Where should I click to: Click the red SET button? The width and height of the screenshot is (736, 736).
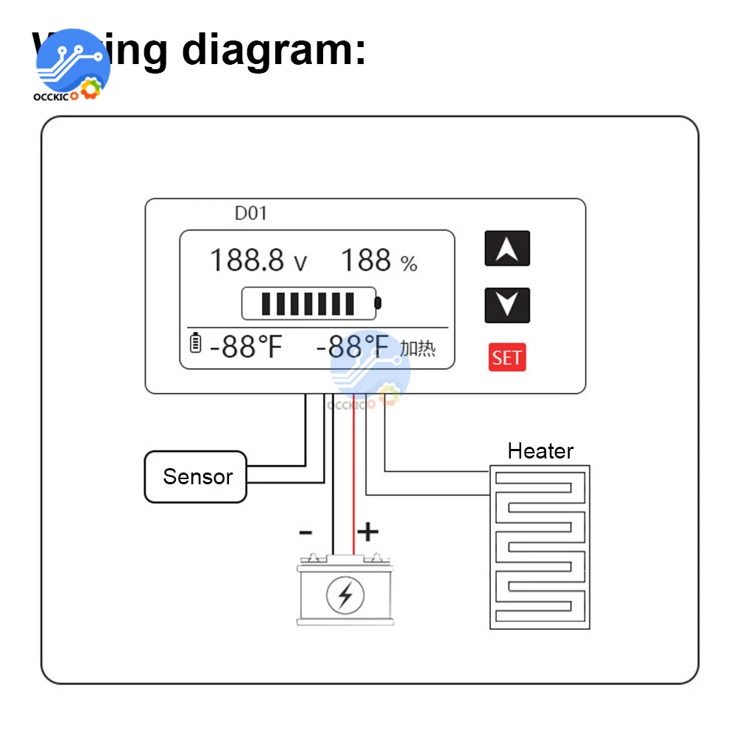[x=507, y=358]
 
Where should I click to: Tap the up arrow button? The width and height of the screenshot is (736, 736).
[x=507, y=249]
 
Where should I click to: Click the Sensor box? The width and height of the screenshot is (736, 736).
[x=195, y=477]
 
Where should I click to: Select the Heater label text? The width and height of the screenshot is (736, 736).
[x=540, y=450]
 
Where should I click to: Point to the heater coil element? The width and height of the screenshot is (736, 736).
[x=539, y=547]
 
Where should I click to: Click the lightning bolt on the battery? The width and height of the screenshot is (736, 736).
[x=344, y=594]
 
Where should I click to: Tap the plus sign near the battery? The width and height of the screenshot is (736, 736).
[x=367, y=531]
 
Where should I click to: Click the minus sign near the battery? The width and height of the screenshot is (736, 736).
[x=306, y=531]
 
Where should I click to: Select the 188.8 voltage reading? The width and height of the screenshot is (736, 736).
[x=247, y=261]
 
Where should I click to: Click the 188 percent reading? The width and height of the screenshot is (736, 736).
[x=366, y=261]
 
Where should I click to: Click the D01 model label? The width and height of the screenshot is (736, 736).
[x=251, y=214]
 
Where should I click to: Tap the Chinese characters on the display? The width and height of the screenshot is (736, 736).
[x=417, y=348]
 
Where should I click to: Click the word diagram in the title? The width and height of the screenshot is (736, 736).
[x=273, y=49]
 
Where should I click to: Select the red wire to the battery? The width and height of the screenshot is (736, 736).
[x=353, y=478]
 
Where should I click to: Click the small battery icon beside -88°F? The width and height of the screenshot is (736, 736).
[x=195, y=343]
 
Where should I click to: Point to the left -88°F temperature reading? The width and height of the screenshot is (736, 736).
[x=246, y=346]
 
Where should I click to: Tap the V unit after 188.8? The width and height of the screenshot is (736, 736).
[x=300, y=263]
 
